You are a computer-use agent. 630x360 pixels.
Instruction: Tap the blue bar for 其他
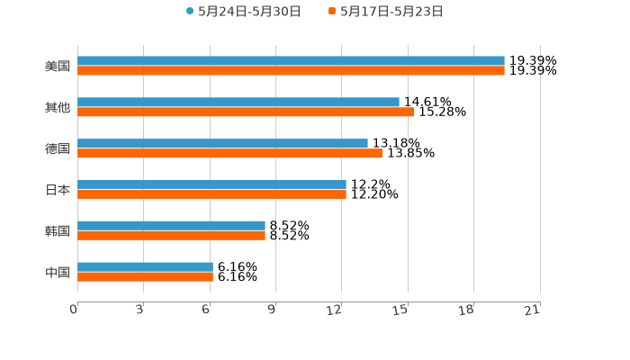[x=238, y=103]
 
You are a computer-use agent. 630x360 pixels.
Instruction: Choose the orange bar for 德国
[x=229, y=153]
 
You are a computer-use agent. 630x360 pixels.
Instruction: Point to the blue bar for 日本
[x=211, y=184]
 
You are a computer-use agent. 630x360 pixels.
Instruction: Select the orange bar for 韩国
[x=171, y=235]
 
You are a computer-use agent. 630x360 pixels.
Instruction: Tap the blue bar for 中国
[x=145, y=267]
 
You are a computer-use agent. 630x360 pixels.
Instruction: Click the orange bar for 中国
[x=145, y=276]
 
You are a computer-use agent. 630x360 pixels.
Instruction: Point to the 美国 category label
[x=58, y=66]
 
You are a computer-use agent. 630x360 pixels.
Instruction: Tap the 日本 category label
[x=58, y=190]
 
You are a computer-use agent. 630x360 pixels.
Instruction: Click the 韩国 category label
[x=58, y=230]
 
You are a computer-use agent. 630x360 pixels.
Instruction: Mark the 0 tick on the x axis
[x=74, y=310]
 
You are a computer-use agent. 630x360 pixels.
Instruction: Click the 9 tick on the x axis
[x=272, y=310]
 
